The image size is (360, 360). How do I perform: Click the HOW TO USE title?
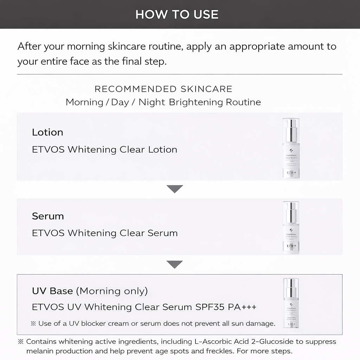pyautogui.click(x=177, y=14)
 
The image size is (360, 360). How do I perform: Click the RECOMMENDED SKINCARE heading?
pyautogui.click(x=163, y=89)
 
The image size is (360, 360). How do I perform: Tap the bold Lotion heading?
pyautogui.click(x=47, y=132)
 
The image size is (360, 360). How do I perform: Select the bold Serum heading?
pyautogui.click(x=48, y=216)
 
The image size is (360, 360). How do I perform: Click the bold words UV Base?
pyautogui.click(x=52, y=291)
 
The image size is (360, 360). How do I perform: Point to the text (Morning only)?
pyautogui.click(x=112, y=291)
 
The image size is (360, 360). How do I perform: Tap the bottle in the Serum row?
pyautogui.click(x=291, y=228)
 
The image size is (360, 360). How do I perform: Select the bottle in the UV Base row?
pyautogui.click(x=291, y=303)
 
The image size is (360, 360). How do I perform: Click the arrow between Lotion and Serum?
pyautogui.click(x=175, y=189)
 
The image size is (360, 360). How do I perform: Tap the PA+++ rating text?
pyautogui.click(x=242, y=307)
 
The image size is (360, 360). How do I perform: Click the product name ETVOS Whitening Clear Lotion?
pyautogui.click(x=104, y=149)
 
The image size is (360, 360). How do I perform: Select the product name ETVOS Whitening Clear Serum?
pyautogui.click(x=105, y=233)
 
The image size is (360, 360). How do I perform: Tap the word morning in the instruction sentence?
pyautogui.click(x=86, y=46)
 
